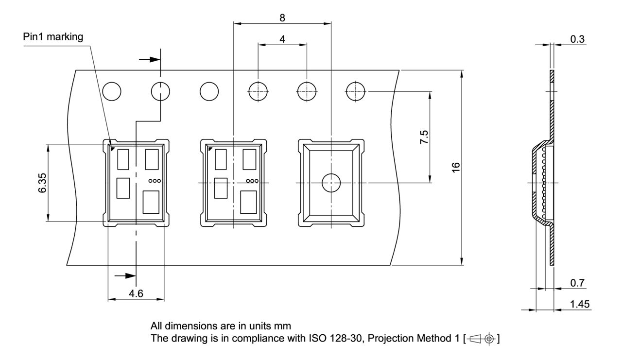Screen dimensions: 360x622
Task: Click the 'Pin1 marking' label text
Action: point(53,37)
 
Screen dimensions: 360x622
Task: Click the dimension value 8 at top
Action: point(282,17)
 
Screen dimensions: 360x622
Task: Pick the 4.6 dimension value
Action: point(136,293)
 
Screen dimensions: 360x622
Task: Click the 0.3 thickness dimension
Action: point(577,39)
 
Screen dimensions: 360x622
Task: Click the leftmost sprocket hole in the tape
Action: point(112,90)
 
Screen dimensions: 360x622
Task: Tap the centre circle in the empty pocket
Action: point(331,183)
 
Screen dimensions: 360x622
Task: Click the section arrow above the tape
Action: point(150,59)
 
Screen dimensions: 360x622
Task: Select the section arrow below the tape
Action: point(126,275)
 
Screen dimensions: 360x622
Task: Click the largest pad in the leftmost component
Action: point(152,202)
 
